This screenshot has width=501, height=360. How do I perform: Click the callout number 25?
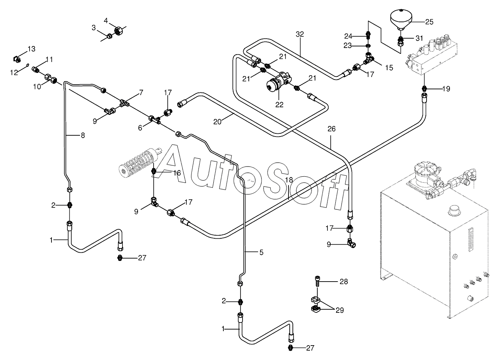pos(429,22)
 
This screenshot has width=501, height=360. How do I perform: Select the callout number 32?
pos(299,34)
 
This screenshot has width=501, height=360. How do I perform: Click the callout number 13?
pos(31,49)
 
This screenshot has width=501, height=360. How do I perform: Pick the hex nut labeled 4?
pos(117,30)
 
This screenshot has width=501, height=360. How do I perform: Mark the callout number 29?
pos(340,310)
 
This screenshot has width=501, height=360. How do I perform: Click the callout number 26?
pos(331,129)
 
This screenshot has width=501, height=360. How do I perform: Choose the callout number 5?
pos(261,252)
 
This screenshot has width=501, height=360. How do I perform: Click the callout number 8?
pos(82,135)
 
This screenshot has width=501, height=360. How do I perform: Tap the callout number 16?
pos(177,173)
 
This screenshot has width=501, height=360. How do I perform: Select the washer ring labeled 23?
pos(368,45)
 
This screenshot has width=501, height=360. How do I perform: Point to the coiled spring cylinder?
pos(138,160)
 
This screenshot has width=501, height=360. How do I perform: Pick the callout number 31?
pos(419,38)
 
